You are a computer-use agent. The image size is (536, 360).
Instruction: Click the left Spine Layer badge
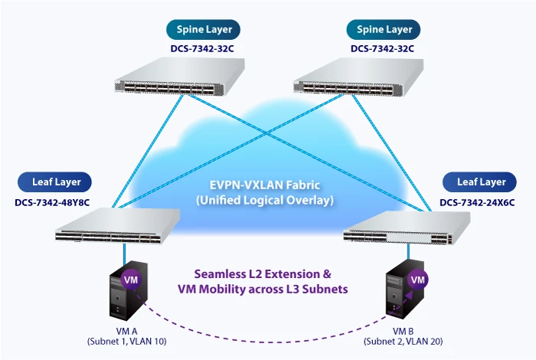tap(204, 30)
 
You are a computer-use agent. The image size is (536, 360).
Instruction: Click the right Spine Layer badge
tap(384, 30)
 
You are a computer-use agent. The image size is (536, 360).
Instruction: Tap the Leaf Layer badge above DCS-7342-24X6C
tap(482, 182)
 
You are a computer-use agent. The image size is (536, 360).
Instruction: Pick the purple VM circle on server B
tap(418, 280)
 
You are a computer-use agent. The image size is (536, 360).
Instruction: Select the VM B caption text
tap(403, 331)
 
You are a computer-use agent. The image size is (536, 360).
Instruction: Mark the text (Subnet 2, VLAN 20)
tap(403, 341)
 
